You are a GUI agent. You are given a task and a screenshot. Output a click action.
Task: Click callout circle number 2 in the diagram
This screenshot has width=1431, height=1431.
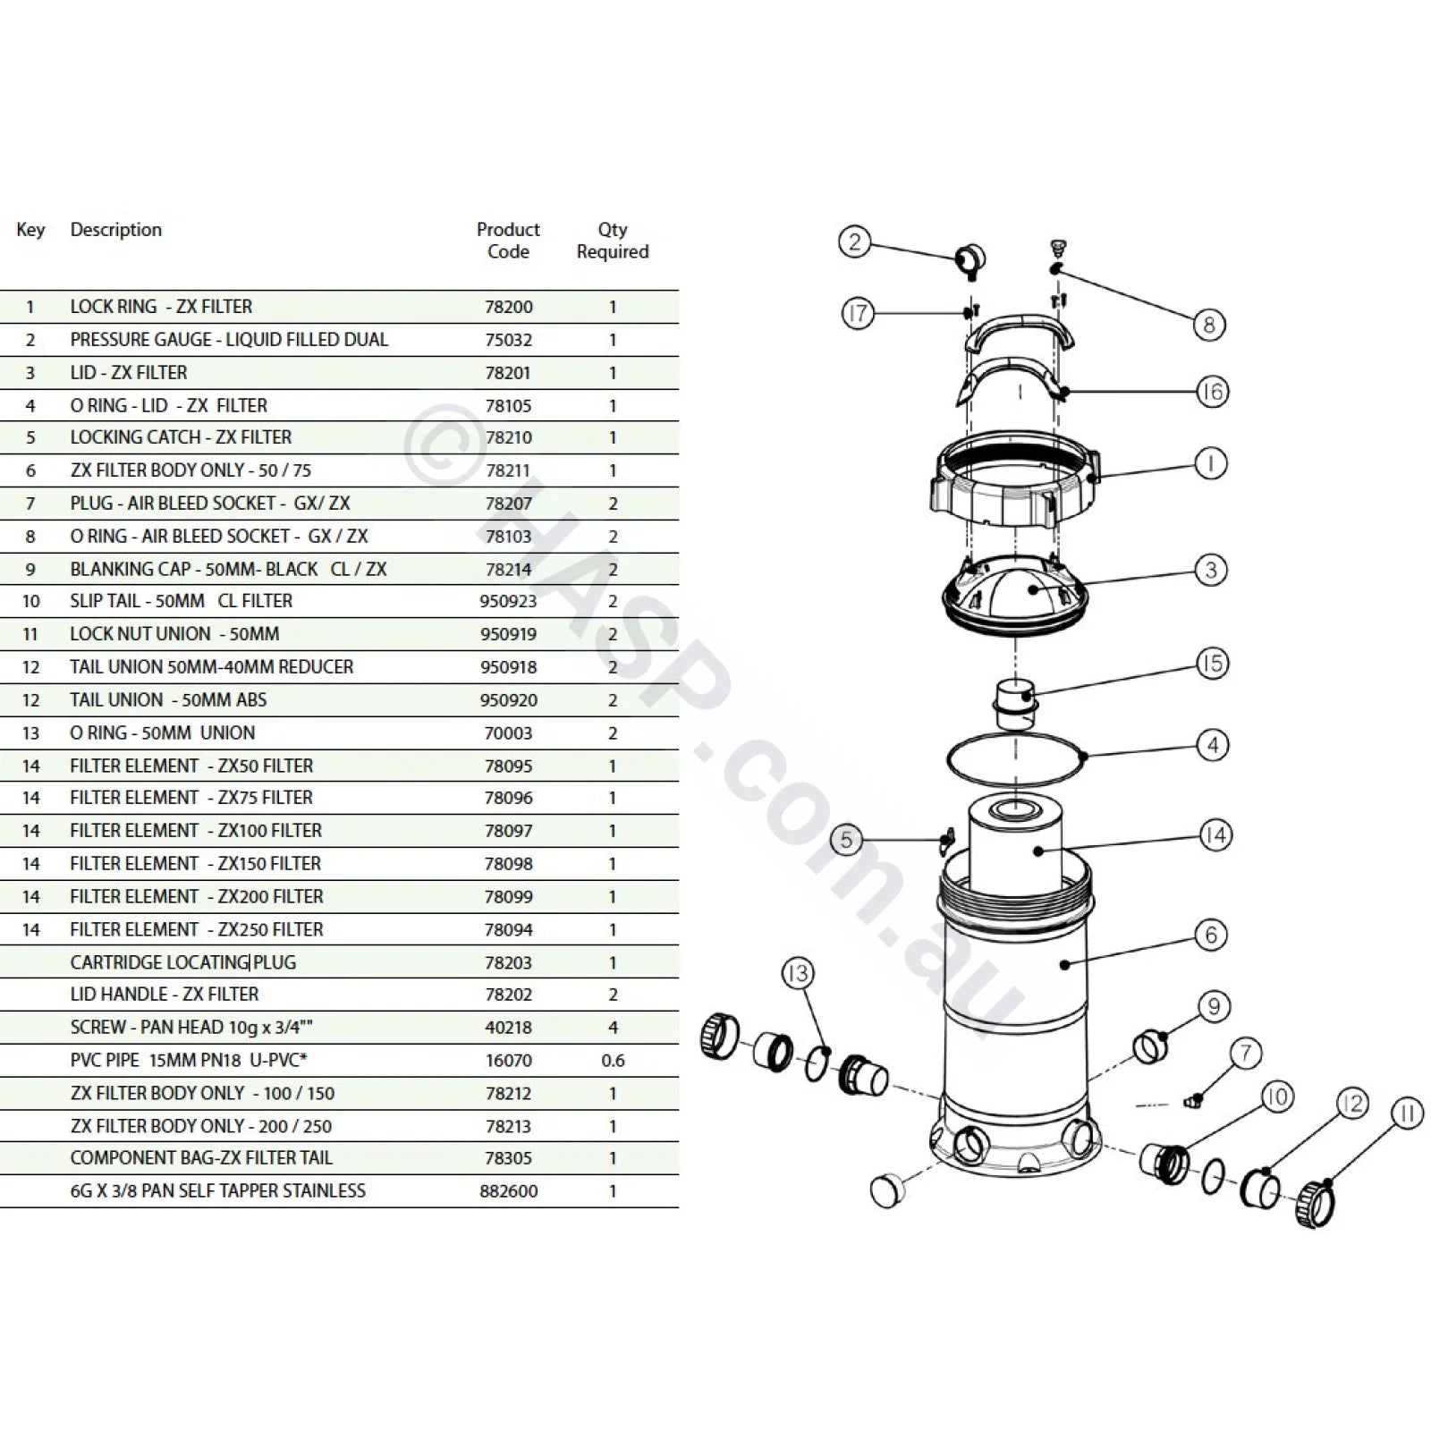pos(854,242)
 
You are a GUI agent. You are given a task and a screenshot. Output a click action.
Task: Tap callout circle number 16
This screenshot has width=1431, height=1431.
pos(1212,392)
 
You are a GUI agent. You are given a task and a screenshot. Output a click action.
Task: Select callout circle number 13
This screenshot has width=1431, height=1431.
pos(797,974)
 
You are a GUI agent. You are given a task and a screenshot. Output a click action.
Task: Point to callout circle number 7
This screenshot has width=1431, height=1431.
pos(1246,1054)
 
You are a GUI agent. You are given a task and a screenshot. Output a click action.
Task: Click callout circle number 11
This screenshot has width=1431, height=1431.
pos(1407,1114)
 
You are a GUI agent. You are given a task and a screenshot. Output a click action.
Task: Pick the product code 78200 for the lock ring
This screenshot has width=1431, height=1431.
pos(508,307)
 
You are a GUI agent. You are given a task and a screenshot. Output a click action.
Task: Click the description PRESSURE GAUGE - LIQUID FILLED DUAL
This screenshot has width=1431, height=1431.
pos(229,340)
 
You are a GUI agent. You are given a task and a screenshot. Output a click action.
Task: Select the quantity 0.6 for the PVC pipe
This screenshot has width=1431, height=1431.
pos(613,1061)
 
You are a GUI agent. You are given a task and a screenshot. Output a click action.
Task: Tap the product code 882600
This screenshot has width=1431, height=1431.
pos(508,1191)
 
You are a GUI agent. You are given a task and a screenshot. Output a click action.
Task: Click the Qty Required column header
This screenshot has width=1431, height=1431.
pos(613,241)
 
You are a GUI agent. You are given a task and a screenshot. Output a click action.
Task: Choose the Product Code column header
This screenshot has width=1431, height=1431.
pos(508,241)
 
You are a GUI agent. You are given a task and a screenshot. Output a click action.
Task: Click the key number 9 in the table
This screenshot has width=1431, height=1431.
pos(30,570)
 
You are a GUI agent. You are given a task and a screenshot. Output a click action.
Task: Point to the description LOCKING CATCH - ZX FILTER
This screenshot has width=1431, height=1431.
pos(181,437)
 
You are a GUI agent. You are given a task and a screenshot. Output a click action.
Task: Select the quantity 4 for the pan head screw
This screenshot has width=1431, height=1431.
pos(613,1028)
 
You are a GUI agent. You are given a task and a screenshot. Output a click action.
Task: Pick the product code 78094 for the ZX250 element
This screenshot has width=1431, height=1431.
pos(508,930)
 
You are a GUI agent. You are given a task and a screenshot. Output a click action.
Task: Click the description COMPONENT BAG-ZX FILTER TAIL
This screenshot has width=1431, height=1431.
pos(201,1158)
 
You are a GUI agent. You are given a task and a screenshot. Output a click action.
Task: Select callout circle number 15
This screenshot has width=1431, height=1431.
pos(1212,664)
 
